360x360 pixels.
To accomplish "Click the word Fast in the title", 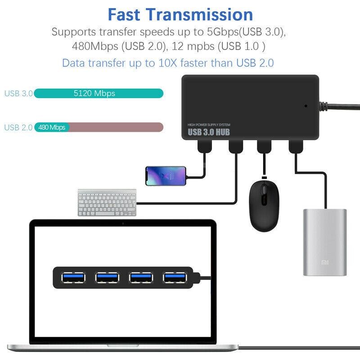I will [129, 14].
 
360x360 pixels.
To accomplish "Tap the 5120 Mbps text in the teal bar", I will [94, 94].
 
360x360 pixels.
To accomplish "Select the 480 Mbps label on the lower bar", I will [52, 127].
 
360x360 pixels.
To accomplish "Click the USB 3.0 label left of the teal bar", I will [18, 94].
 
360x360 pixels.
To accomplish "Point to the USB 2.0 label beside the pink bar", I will [18, 127].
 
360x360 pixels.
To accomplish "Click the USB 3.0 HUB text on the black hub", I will [209, 132].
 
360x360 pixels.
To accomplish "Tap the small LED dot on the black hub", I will [306, 107].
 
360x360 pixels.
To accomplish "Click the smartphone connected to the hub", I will [166, 175].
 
